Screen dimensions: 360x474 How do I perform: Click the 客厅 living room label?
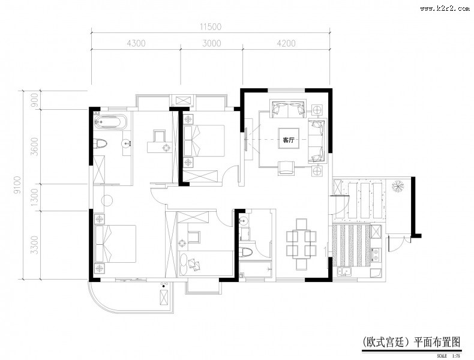point(287,141)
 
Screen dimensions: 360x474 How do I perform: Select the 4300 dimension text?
point(137,43)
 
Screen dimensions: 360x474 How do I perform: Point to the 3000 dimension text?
point(211,43)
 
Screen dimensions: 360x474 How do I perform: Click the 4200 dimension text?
point(286,43)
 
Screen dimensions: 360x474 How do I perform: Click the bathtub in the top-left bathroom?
point(111,122)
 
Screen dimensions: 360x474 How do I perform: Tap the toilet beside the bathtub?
point(101,143)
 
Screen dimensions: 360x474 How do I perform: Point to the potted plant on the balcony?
point(398,186)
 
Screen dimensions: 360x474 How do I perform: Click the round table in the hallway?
point(107,200)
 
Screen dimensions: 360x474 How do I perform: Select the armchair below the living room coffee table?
point(287,168)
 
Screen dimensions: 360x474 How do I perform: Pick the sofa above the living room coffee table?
point(287,110)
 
